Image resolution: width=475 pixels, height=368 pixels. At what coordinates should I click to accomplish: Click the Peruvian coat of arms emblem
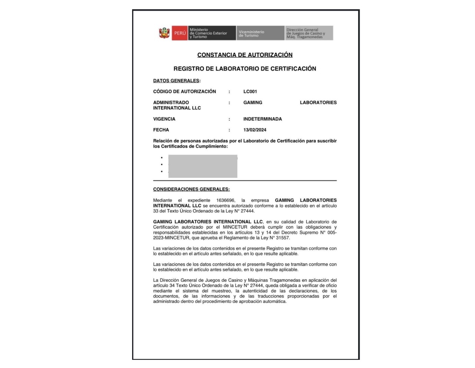(x=164, y=33)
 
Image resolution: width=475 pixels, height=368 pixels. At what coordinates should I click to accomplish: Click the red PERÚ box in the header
(x=180, y=33)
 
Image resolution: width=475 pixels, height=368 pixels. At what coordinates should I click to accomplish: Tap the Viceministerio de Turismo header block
(x=260, y=33)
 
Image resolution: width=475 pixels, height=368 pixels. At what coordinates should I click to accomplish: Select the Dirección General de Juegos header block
(x=309, y=33)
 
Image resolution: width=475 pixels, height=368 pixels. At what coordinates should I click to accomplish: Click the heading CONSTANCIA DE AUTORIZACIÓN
(x=245, y=55)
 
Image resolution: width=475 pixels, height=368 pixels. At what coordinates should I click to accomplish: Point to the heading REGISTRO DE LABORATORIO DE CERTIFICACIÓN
(x=245, y=69)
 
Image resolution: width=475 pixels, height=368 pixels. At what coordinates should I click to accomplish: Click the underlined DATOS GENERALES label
(x=176, y=80)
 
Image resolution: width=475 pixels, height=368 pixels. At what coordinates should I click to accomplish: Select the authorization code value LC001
(x=250, y=91)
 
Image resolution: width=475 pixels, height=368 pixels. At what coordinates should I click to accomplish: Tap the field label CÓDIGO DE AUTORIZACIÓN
(x=184, y=91)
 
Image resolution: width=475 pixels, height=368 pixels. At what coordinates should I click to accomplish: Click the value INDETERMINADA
(x=262, y=119)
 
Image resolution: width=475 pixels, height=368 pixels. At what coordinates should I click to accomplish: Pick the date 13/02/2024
(x=255, y=130)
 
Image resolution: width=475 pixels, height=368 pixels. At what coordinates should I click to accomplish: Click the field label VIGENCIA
(x=164, y=119)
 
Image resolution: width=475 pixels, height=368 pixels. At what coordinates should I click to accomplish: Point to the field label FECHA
(x=161, y=130)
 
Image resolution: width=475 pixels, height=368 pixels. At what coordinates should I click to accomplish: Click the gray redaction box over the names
(x=203, y=166)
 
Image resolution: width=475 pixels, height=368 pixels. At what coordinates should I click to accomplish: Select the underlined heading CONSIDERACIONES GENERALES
(x=191, y=189)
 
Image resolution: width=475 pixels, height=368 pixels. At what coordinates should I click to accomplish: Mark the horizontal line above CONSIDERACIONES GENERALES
(x=245, y=181)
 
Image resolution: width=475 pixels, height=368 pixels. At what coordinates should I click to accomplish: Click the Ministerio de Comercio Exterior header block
(x=212, y=33)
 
